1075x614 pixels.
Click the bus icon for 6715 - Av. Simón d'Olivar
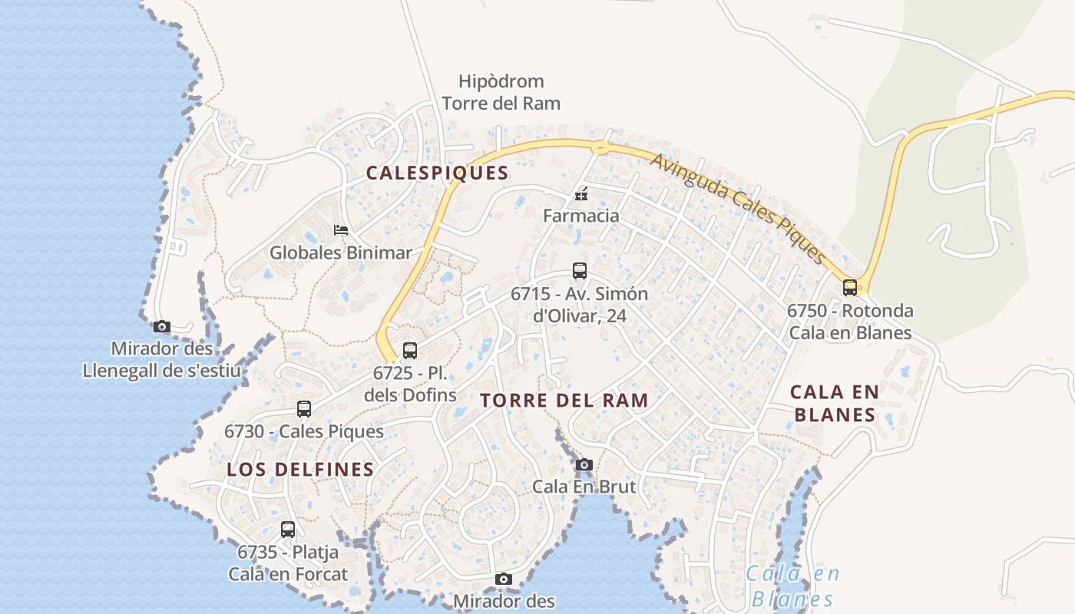point(580,271)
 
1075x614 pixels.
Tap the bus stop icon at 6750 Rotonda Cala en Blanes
point(850,288)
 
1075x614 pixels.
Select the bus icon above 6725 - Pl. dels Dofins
point(410,351)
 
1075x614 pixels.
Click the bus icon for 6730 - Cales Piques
point(304,409)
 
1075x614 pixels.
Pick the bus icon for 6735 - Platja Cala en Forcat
point(288,530)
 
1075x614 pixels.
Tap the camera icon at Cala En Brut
point(584,464)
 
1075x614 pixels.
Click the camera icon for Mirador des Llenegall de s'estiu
point(162,327)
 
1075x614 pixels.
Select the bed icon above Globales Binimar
point(341,229)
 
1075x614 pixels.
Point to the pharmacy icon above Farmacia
point(581,193)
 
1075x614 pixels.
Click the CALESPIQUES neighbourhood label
point(437,173)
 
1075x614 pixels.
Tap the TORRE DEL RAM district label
point(564,400)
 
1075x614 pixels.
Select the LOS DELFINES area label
point(300,470)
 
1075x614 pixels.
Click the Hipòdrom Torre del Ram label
point(501,92)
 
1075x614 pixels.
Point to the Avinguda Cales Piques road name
point(738,208)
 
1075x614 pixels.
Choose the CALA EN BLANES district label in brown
point(835,403)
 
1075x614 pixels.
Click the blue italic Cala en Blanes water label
point(793,586)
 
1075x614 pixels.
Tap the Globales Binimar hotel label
point(340,253)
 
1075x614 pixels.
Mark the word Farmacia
point(580,216)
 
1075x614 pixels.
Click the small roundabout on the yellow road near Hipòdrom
point(600,146)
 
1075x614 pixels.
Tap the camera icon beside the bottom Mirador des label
point(504,579)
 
